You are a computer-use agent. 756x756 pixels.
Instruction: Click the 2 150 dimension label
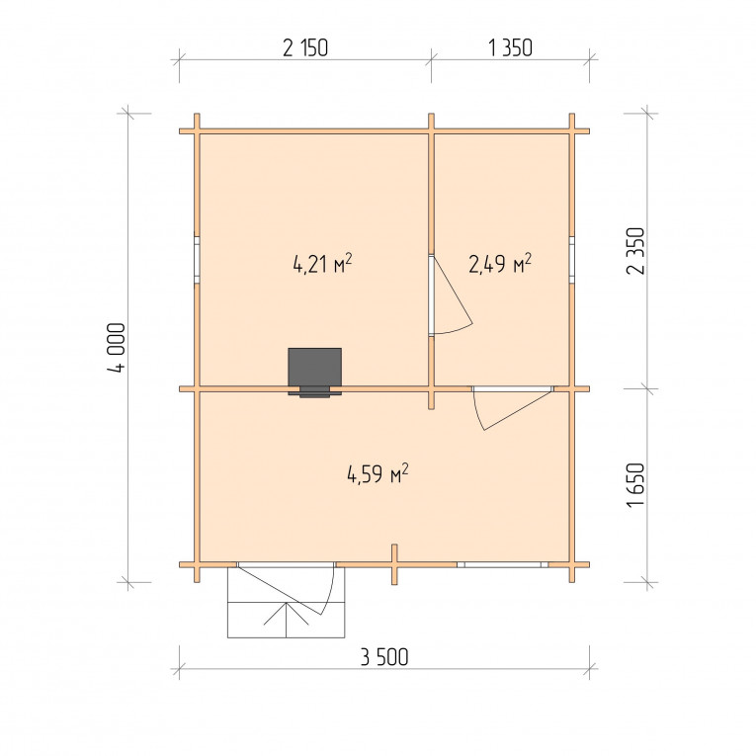(305, 47)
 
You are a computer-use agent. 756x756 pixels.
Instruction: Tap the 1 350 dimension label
(510, 47)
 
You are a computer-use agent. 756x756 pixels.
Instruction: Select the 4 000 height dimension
(118, 347)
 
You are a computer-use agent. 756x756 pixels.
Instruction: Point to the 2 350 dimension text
(635, 251)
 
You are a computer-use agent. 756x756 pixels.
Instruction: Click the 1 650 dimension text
(635, 484)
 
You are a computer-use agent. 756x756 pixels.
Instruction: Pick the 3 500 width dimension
(384, 656)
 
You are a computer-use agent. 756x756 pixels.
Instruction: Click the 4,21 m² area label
(322, 264)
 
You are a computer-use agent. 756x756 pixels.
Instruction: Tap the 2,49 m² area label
(500, 263)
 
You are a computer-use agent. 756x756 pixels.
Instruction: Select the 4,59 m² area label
(378, 474)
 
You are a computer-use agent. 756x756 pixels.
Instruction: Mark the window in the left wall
(197, 258)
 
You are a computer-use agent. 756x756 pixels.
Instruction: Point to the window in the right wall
(572, 259)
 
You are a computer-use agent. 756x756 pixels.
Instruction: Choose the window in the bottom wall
(503, 564)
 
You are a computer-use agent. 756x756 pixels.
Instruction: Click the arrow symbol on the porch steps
(287, 613)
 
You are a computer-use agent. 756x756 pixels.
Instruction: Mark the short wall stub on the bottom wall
(394, 564)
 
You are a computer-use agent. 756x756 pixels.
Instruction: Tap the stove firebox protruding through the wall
(315, 392)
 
